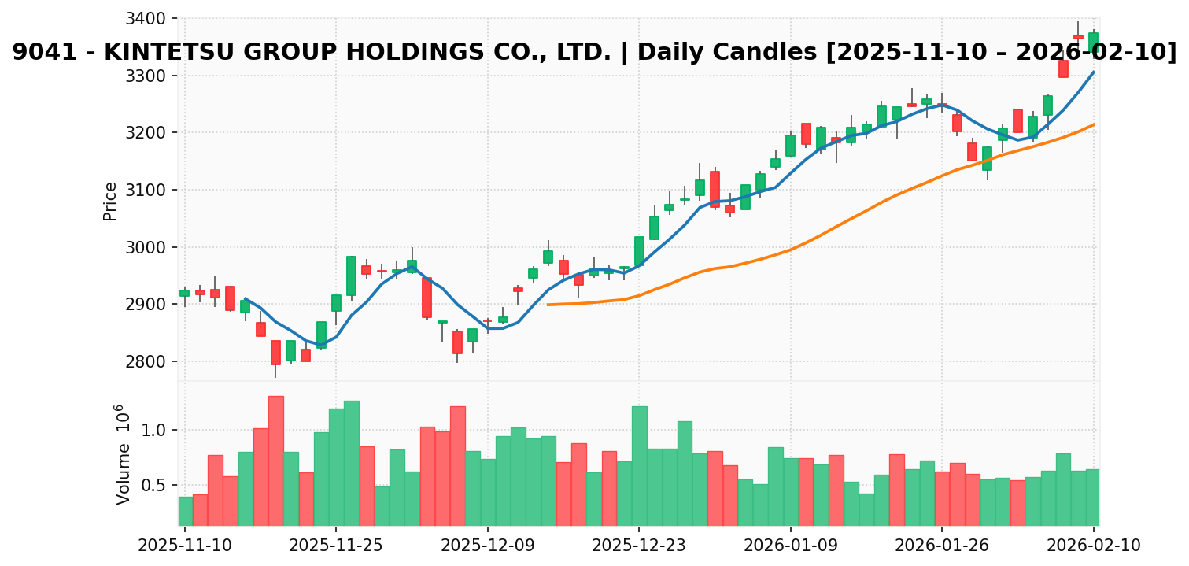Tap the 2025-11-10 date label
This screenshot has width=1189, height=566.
[x=185, y=546]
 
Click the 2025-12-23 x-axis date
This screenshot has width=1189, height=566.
[x=639, y=546]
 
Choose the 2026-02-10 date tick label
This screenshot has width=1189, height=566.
[x=1093, y=546]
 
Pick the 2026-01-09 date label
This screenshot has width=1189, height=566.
[x=791, y=546]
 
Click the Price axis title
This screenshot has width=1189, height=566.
[x=110, y=202]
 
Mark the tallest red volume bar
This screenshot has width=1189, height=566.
[x=276, y=461]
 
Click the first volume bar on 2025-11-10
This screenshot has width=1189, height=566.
[x=185, y=511]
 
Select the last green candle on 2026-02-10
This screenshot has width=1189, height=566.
[x=1093, y=42]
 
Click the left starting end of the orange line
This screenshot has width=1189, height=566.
[x=548, y=305]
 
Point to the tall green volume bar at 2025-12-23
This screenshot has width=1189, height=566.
[x=639, y=465]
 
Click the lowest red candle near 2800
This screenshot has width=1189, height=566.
[x=275, y=352]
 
